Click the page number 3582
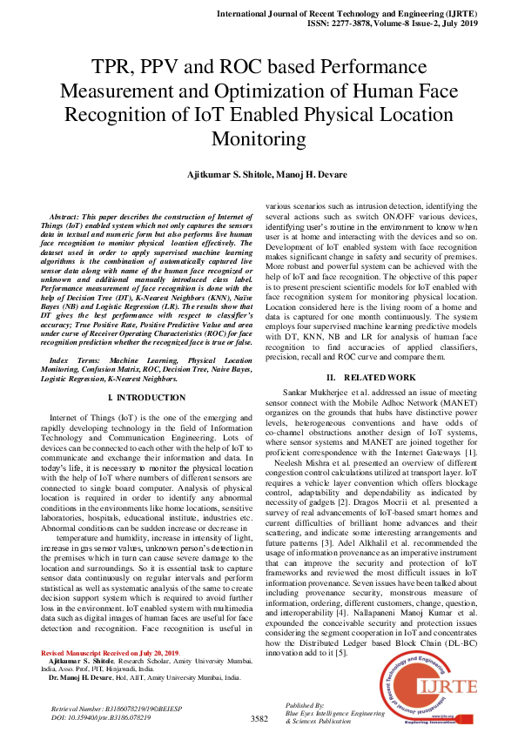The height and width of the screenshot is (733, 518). (x=259, y=719)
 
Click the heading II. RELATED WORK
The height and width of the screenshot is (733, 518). (x=370, y=377)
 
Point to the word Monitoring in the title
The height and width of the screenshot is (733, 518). (x=259, y=138)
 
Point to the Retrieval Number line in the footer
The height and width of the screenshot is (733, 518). (x=100, y=710)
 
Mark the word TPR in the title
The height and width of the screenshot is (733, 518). (x=118, y=67)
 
